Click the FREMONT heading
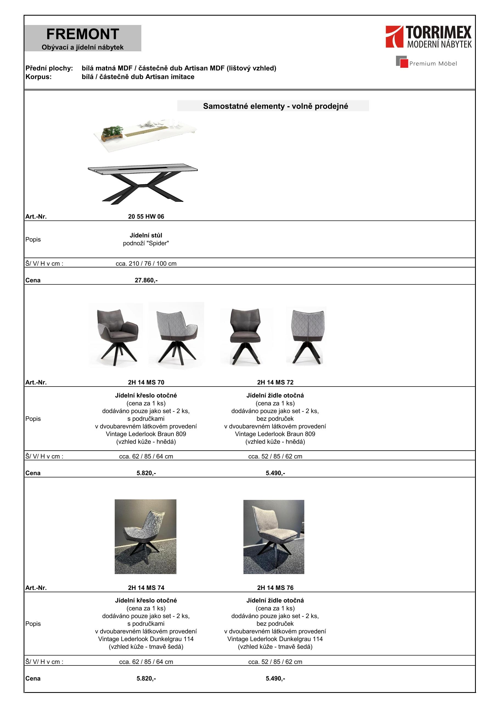coord(83,34)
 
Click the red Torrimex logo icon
coord(394,37)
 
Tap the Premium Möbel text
coord(433,63)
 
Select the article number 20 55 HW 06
coord(146,217)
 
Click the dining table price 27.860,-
coord(146,280)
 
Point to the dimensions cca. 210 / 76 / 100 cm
coord(146,264)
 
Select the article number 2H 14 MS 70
coord(146,382)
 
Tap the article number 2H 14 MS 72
coord(275,382)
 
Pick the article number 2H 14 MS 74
coord(146,588)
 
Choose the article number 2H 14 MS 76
coord(275,588)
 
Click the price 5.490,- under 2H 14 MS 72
coord(275,473)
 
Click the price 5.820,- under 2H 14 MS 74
coord(146,678)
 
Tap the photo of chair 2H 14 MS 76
coord(274,537)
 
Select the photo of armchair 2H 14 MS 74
coord(145,537)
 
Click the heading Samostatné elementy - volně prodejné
coord(275,106)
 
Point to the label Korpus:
coord(38,77)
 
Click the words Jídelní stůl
coord(146,235)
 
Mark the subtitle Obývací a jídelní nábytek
coord(83,47)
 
